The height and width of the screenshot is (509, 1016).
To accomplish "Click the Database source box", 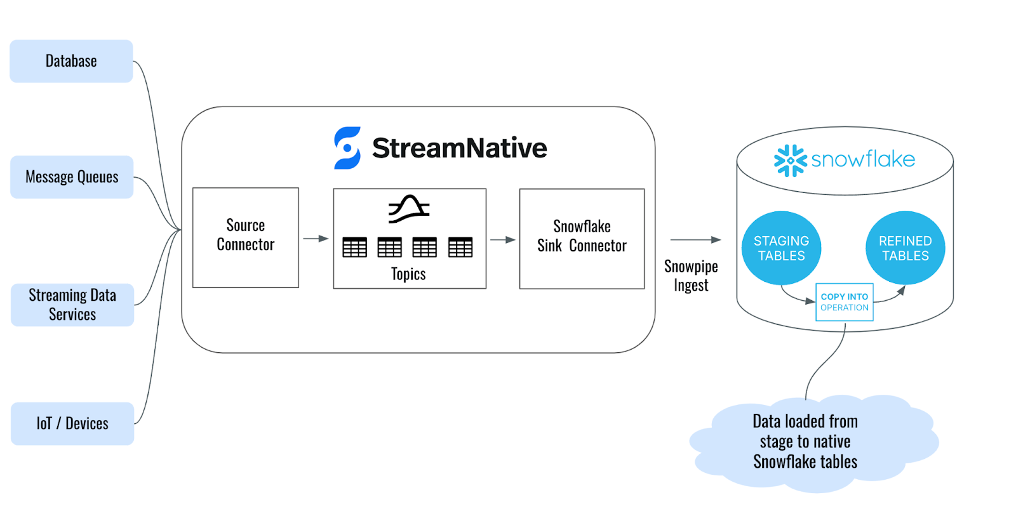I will coord(71,61).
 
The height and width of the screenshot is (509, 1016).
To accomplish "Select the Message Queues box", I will coord(72,177).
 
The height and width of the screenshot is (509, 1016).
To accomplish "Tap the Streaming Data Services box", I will coord(72,305).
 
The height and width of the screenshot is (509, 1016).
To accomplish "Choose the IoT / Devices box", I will coord(72,423).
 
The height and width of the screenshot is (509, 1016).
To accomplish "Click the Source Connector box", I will coord(246,237).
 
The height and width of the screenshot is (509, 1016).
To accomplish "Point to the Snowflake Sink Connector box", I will coord(582,239).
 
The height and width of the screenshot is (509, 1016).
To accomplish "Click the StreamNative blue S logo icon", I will coord(347,148).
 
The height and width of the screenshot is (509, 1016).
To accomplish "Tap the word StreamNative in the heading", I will coord(459,148).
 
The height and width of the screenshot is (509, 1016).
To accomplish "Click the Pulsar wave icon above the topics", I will coord(409,209).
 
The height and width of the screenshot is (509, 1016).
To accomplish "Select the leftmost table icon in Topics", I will coord(355,247).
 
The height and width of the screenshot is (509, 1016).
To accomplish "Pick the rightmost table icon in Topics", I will coord(460,247).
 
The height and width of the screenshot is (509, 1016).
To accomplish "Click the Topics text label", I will coord(408,274).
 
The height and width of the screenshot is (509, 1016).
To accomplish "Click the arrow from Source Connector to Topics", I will coord(316,239).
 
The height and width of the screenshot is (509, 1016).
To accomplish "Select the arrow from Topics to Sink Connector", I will coord(502,240).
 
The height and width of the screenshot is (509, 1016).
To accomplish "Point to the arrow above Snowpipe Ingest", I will coord(695,240).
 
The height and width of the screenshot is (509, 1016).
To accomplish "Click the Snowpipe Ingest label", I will coord(691,275).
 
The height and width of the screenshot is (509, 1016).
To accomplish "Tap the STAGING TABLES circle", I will coord(781,248).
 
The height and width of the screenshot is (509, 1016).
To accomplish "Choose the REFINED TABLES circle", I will coord(905,248).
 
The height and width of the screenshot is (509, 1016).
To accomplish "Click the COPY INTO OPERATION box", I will coord(845,302).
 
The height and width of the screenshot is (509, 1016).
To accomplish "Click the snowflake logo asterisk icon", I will coord(790,161).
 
